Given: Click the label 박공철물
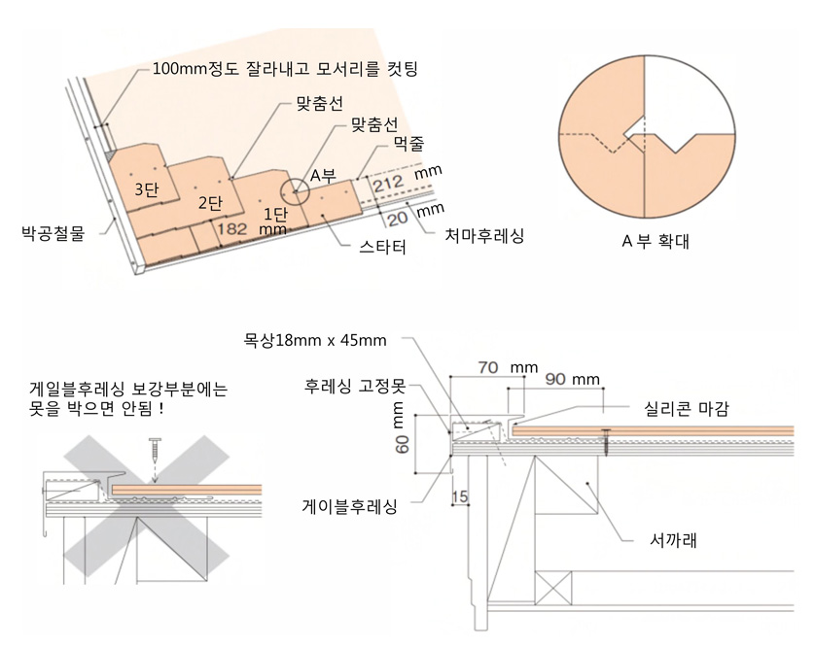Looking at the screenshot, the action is point(53,233).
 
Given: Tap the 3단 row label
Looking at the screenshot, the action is point(147,189).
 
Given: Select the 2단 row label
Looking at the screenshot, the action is point(210,202).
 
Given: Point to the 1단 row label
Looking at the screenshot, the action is point(275,214).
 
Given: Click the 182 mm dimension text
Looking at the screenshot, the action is point(252,229).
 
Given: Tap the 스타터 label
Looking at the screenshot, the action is point(382,247).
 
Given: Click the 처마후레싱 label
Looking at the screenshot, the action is point(484,236).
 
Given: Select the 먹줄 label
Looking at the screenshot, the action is point(409,143).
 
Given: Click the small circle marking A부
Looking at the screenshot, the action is point(295,191).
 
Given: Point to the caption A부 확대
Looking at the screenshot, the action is point(656,241).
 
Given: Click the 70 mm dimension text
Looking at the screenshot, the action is point(508,367).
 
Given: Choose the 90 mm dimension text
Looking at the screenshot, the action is point(572,379).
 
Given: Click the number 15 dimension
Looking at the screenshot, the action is point(460,497).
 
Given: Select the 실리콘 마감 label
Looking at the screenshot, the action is point(686,409).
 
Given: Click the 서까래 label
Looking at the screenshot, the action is point(673,540).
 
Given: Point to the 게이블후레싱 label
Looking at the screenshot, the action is point(350,506).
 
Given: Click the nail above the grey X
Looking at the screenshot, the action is point(156,450).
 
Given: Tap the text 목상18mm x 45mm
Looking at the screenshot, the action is point(315,341).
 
